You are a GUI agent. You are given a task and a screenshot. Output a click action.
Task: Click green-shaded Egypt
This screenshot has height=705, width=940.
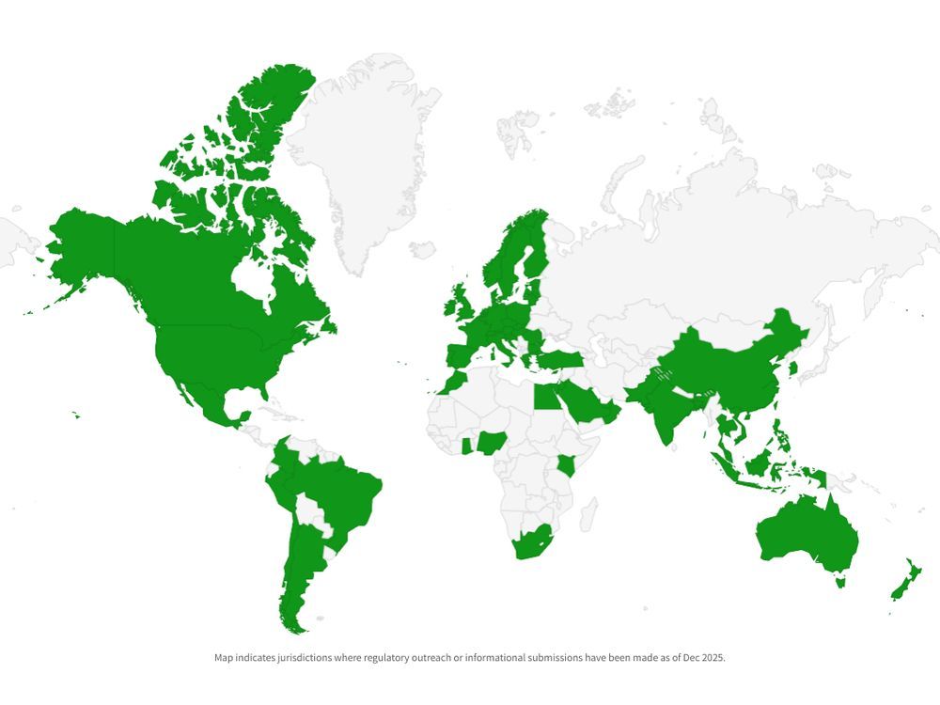click(547, 397)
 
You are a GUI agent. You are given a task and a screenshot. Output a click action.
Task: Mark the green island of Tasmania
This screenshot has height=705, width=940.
click(840, 582)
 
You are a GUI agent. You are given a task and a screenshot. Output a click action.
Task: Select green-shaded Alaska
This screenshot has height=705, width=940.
click(80, 244)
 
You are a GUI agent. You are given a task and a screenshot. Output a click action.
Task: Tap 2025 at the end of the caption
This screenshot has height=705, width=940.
click(713, 658)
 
